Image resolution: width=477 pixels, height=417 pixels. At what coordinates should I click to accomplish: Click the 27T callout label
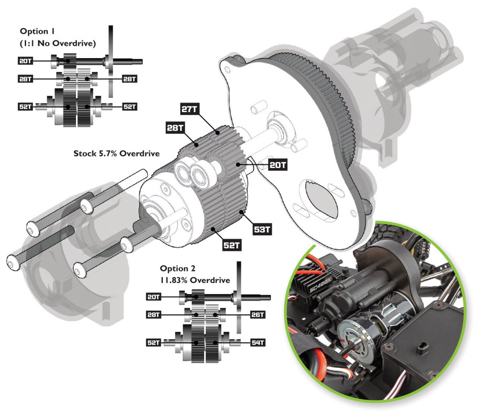[x=189, y=109]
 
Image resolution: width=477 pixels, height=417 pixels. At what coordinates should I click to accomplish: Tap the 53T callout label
[x=262, y=229]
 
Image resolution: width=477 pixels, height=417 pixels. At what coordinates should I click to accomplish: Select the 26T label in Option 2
[x=258, y=315]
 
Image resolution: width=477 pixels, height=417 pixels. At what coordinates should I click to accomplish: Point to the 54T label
[x=258, y=343]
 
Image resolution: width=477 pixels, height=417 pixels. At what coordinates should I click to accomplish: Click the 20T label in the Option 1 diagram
[x=25, y=61]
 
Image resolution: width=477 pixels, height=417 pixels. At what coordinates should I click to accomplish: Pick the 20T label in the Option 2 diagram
[x=154, y=297]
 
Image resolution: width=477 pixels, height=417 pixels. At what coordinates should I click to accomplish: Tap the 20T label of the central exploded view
[x=277, y=165]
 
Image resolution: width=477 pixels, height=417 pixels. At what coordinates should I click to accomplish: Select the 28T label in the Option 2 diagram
[x=154, y=315]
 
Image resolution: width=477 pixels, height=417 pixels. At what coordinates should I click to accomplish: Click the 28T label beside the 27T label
[x=175, y=128]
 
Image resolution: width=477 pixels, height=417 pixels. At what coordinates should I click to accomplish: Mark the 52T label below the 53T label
[x=231, y=245]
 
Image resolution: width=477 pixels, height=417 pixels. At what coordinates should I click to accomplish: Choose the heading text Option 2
[x=177, y=268]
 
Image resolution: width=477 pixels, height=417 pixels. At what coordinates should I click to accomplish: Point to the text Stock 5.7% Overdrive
[x=116, y=153]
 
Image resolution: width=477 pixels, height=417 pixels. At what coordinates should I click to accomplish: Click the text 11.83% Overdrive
[x=195, y=280]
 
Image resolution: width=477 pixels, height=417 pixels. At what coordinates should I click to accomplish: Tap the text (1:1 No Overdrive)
[x=57, y=43]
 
